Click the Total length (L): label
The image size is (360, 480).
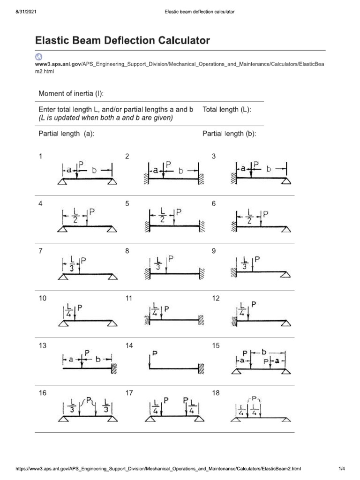tap(227, 109)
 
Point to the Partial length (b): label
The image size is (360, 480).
tap(229, 134)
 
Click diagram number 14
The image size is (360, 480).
tap(129, 345)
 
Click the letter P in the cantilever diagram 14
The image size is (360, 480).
tap(155, 352)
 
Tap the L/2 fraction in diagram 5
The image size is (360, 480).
tap(162, 215)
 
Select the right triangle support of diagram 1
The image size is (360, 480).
tap(112, 182)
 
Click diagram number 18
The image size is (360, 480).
tap(216, 393)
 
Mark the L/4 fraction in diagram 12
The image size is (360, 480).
tap(242, 309)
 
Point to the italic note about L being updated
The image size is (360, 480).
tap(105, 118)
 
